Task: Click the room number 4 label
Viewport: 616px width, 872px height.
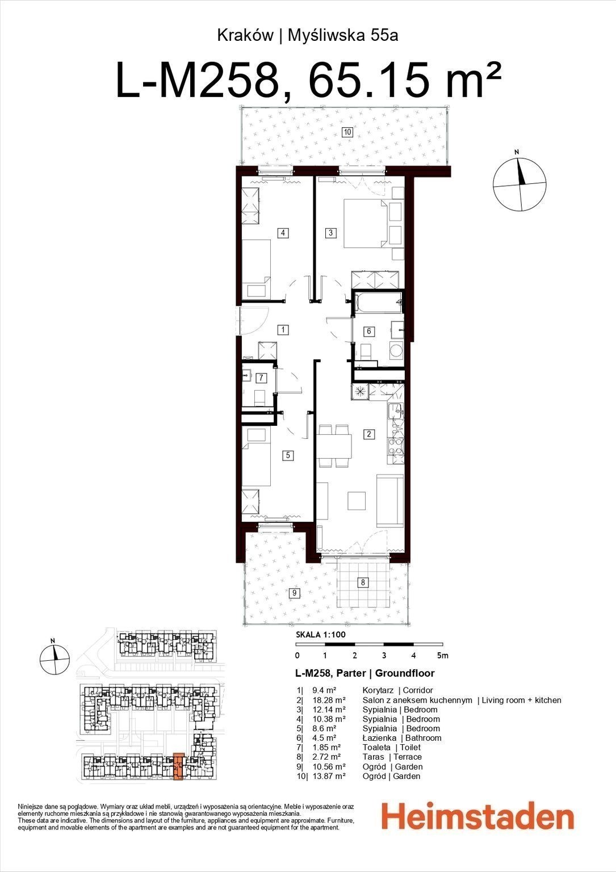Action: (283, 233)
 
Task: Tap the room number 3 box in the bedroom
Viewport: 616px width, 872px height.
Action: (330, 233)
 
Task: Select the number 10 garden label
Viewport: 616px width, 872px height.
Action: (347, 132)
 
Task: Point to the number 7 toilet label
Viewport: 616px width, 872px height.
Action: (261, 378)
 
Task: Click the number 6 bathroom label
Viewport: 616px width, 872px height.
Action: (368, 332)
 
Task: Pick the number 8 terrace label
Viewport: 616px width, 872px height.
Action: (363, 582)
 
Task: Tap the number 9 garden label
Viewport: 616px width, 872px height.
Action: (295, 593)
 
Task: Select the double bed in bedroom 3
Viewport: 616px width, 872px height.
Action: (366, 224)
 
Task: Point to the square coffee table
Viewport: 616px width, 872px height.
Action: (357, 501)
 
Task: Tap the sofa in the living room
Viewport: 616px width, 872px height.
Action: (390, 501)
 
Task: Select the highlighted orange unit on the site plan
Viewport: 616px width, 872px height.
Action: (178, 766)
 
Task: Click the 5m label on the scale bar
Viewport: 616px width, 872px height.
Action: (443, 656)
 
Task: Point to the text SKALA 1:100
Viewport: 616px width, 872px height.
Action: (321, 635)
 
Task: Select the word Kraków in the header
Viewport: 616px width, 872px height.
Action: (245, 36)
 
